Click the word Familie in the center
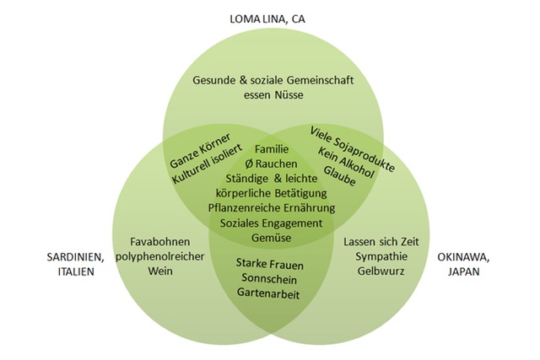pyautogui.click(x=271, y=149)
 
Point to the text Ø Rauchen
pyautogui.click(x=271, y=164)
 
